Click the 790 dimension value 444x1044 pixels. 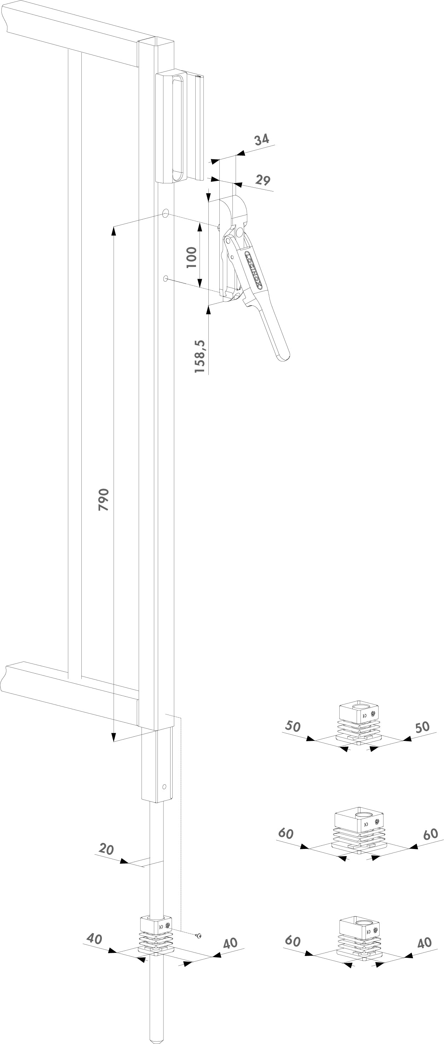[x=104, y=499]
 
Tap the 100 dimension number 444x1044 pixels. [x=191, y=257]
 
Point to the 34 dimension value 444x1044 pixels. [x=262, y=140]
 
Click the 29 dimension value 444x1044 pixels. [x=263, y=180]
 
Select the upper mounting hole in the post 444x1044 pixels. [x=166, y=214]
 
